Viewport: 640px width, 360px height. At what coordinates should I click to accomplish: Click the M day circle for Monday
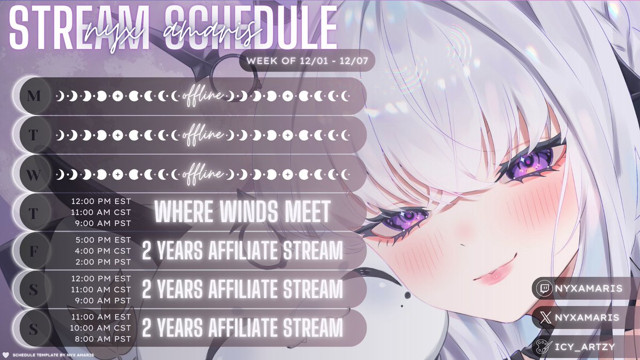(x=33, y=96)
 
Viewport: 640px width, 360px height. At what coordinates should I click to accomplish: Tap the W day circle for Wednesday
(x=33, y=174)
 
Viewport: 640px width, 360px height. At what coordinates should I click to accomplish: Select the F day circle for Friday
(x=33, y=252)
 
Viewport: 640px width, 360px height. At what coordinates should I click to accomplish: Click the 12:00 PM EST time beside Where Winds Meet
(x=101, y=203)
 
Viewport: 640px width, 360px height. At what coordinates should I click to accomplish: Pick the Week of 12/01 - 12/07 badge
(x=307, y=61)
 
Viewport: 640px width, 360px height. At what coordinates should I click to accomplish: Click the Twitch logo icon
(x=543, y=289)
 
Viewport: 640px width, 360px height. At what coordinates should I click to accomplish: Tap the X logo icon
(x=543, y=318)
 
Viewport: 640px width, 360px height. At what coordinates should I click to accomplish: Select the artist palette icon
(x=543, y=346)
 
